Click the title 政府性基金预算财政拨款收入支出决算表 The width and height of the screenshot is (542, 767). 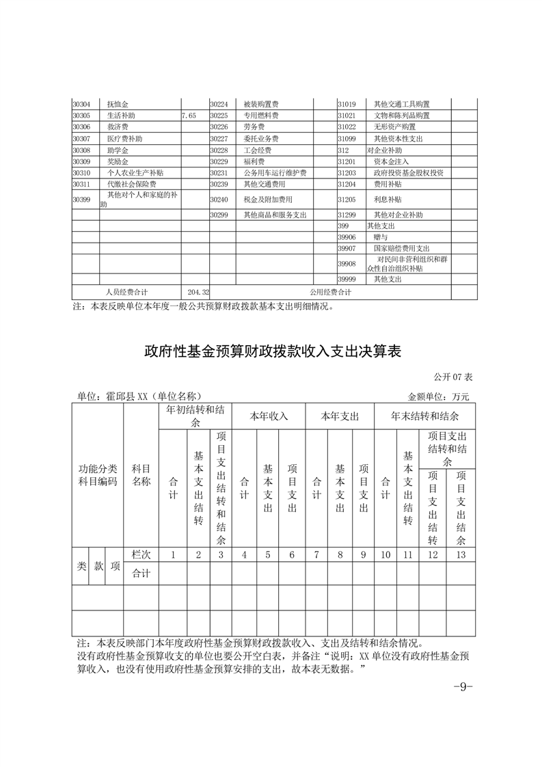(x=271, y=351)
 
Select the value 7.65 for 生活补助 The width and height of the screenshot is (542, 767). (x=189, y=116)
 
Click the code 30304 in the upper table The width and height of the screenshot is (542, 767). (x=81, y=105)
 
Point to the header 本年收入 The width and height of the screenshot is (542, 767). (x=268, y=416)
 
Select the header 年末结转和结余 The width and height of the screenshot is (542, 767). (x=424, y=416)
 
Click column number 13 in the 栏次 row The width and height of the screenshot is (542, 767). (x=461, y=554)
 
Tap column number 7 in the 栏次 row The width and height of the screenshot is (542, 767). (x=316, y=554)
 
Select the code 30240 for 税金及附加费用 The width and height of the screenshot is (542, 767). (x=218, y=199)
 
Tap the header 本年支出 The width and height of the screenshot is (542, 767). (x=339, y=416)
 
